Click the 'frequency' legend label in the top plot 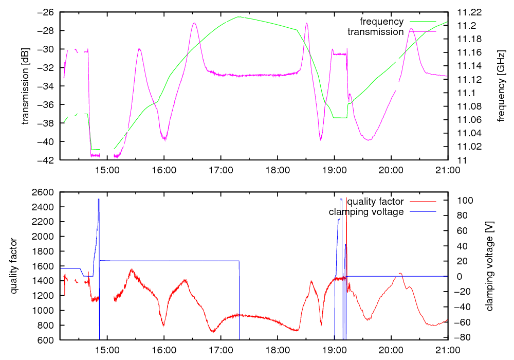coord(381,22)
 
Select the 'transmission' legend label coord(376,32)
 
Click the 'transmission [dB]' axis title coord(25,86)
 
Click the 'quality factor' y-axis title coord(14,266)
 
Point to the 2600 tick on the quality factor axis coord(45,192)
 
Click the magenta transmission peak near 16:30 coord(194,23)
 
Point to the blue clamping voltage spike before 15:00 coord(98,200)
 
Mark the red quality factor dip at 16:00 coord(163,325)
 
